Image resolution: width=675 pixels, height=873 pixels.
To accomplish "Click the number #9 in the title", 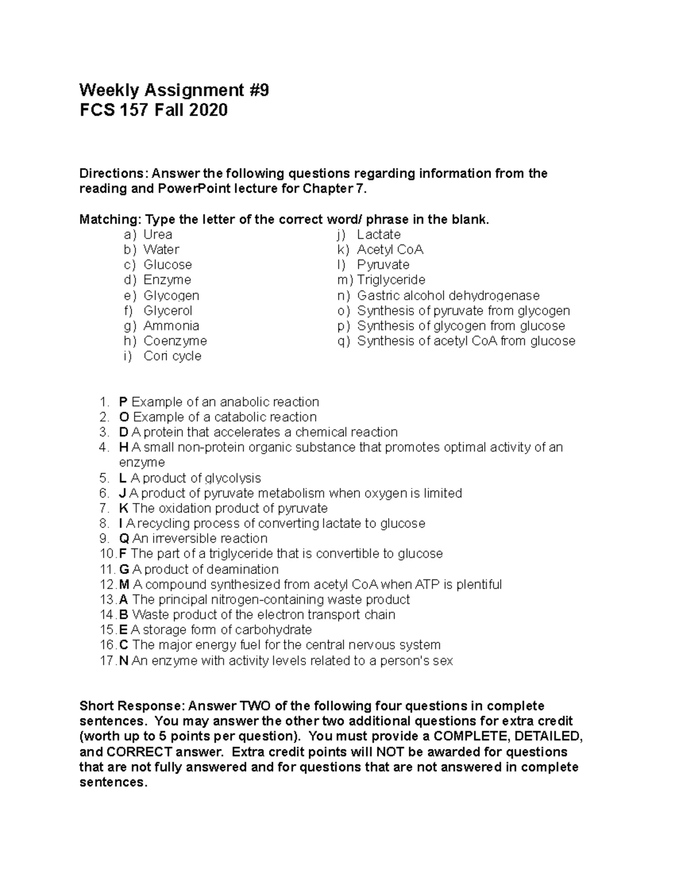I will tap(258, 90).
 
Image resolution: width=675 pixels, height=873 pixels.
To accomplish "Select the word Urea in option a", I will tap(157, 234).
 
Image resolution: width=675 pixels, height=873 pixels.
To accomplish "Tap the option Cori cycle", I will tap(172, 356).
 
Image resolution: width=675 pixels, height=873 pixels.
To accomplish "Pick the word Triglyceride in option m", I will tap(391, 280).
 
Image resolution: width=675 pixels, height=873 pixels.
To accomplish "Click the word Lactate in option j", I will tap(379, 234).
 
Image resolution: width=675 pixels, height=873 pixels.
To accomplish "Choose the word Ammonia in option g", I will tap(171, 325).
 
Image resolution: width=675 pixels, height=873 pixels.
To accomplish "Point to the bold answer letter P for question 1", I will tap(123, 402).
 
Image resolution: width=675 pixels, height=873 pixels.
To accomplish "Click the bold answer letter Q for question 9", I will tap(124, 539).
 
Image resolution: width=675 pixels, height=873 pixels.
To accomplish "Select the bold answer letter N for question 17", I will tap(124, 661).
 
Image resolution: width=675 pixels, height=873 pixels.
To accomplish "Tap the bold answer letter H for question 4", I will tap(124, 447).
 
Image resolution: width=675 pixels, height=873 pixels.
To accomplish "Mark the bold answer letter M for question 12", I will tap(125, 585).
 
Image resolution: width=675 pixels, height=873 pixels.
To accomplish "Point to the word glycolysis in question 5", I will tap(233, 478).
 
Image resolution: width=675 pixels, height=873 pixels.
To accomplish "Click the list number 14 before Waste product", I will tap(107, 615).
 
